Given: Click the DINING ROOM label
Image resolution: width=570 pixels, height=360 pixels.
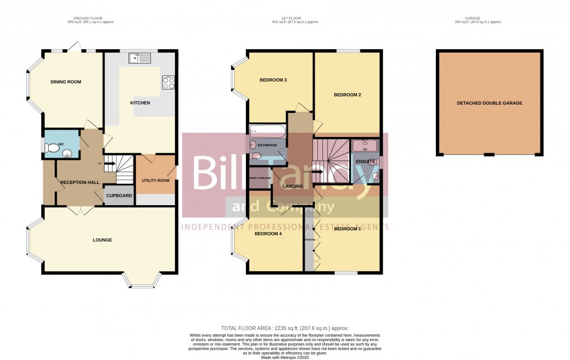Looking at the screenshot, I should click(x=66, y=82).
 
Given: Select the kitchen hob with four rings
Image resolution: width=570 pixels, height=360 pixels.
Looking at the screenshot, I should click(x=168, y=82).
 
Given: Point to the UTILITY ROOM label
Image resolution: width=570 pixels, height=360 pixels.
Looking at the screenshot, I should click(x=155, y=181).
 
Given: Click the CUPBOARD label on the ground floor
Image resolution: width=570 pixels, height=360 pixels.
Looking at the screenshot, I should click(x=118, y=196).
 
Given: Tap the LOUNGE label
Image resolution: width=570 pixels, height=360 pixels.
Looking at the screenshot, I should click(x=102, y=240).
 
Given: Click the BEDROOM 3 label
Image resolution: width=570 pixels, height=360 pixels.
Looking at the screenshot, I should click(x=273, y=80).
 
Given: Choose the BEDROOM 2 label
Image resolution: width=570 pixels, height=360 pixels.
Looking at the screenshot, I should click(x=347, y=95).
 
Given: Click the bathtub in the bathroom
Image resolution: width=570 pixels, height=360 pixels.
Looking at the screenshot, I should click(x=268, y=132).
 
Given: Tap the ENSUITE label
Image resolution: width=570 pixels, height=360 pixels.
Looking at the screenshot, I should click(x=365, y=162).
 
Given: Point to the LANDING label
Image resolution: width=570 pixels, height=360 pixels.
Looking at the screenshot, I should click(x=293, y=186).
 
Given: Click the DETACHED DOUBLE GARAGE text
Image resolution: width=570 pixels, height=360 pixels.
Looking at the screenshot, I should click(x=489, y=103).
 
